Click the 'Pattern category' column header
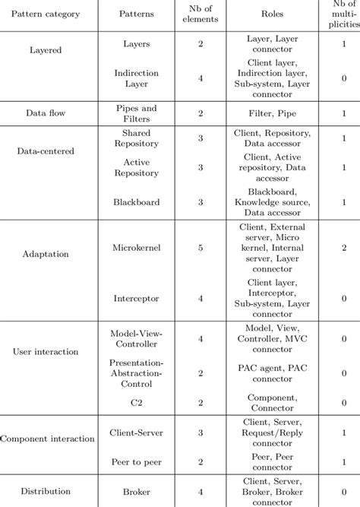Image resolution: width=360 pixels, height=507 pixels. (46, 14)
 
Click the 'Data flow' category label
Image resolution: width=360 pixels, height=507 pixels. (46, 112)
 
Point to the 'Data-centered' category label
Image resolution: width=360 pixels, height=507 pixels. (46, 151)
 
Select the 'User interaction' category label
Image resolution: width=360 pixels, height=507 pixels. (46, 353)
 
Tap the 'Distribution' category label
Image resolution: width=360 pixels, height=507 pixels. (46, 490)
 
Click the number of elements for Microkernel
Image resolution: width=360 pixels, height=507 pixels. (201, 247)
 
